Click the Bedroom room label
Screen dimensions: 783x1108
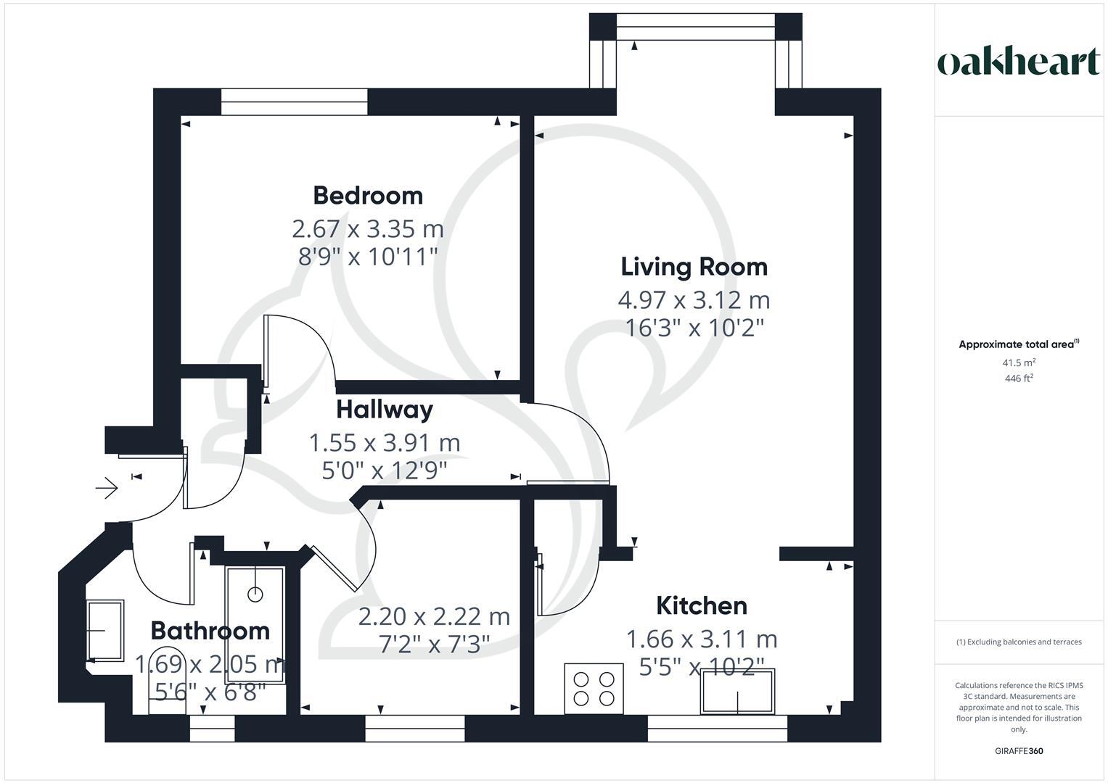[368, 195]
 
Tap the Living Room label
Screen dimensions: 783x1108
[694, 266]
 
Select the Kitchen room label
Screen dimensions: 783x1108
[701, 605]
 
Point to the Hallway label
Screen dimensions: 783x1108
[385, 409]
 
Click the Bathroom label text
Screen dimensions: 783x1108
[210, 630]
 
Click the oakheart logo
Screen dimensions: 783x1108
[1018, 62]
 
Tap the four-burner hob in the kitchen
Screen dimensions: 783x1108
[594, 688]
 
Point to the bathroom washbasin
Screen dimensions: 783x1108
[105, 630]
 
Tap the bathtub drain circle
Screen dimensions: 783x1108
[255, 594]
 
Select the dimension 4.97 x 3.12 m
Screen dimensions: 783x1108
[694, 299]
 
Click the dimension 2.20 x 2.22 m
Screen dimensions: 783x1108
[434, 616]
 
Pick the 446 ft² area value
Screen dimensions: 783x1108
[1019, 378]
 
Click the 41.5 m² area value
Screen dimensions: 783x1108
[1019, 362]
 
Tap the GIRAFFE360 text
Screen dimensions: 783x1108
[1018, 751]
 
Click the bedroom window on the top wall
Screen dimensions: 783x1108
[295, 101]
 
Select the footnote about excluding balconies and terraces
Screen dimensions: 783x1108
[1019, 642]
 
